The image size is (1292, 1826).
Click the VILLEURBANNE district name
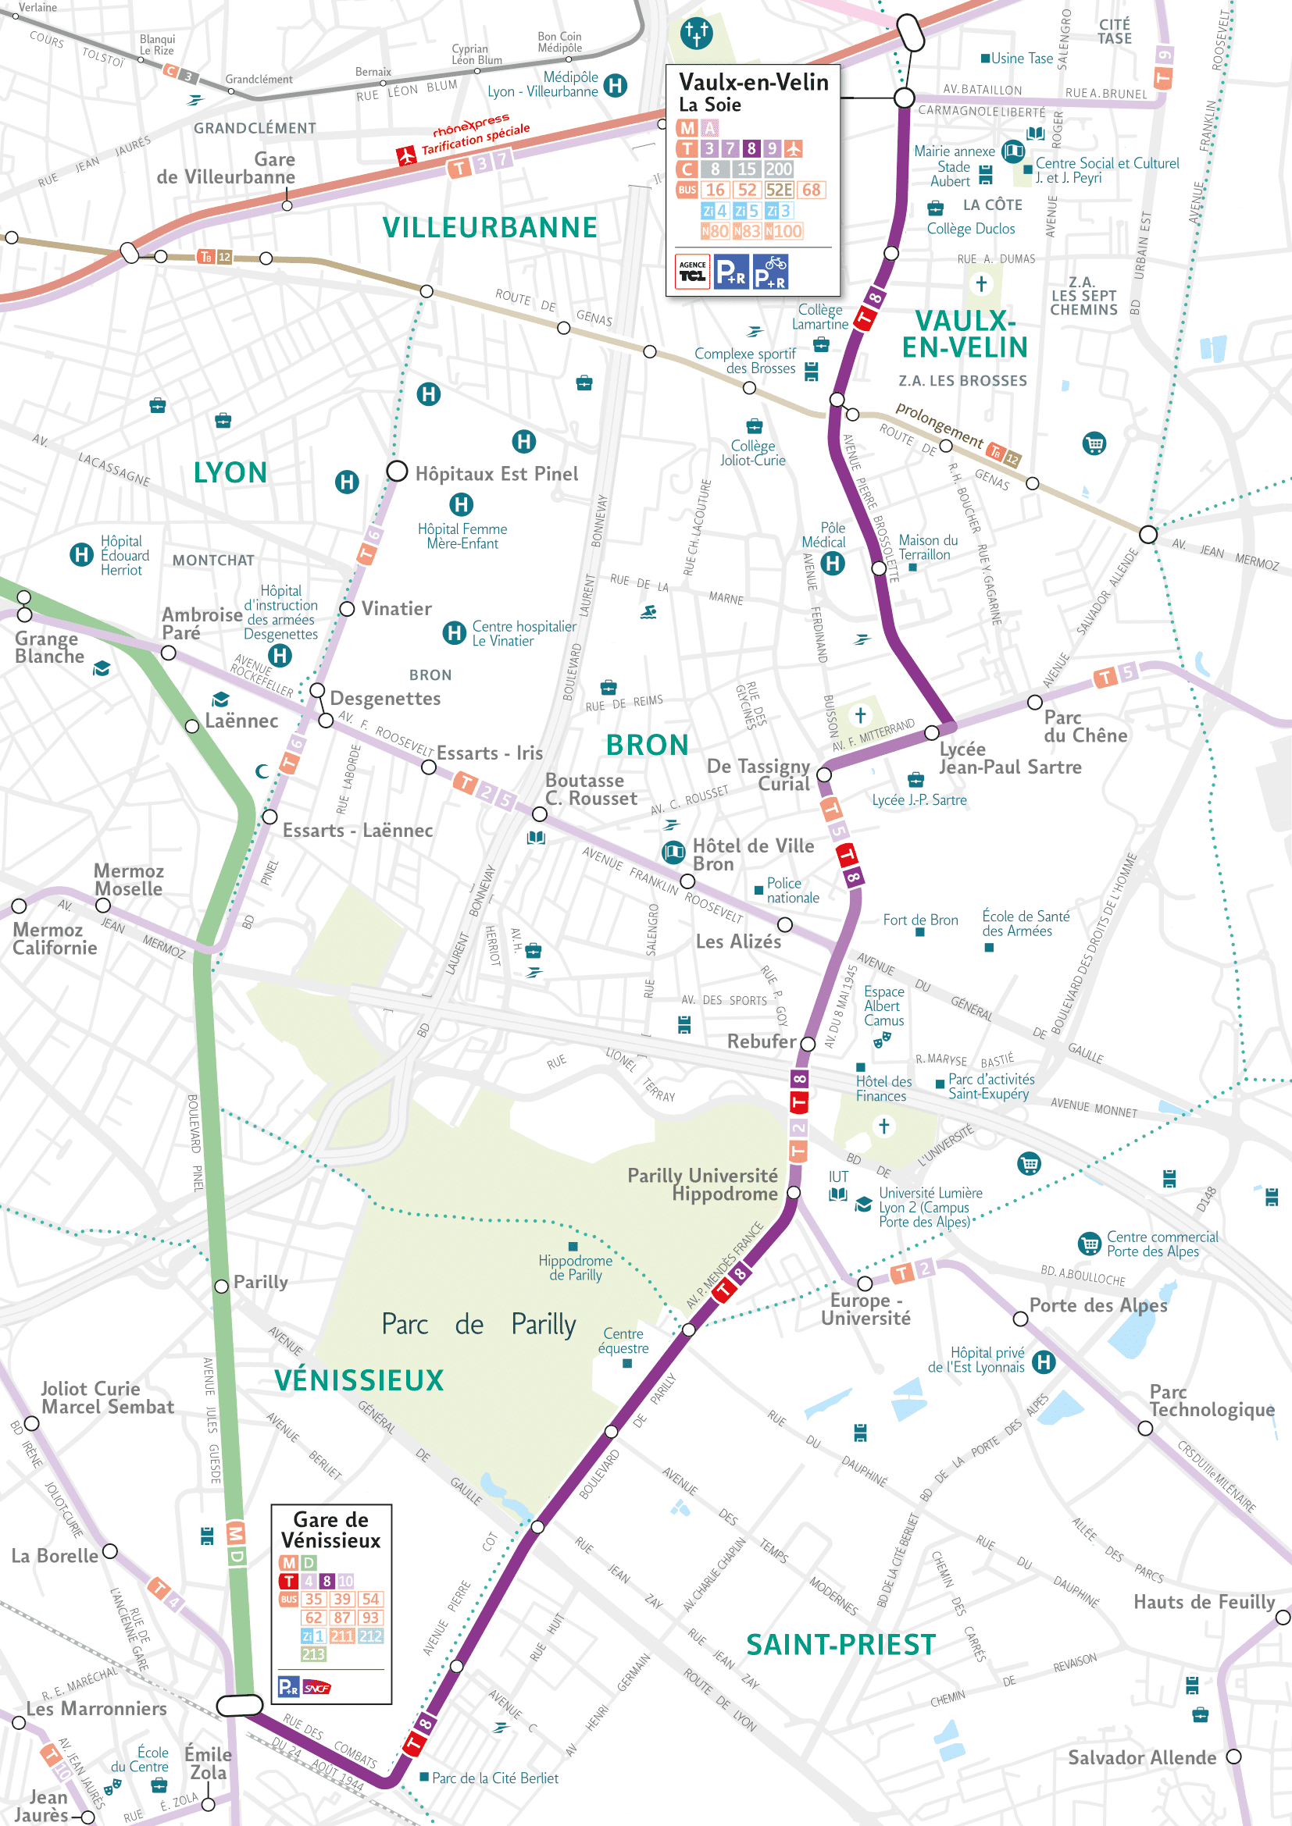click(x=489, y=227)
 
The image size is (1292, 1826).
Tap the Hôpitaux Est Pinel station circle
click(x=397, y=471)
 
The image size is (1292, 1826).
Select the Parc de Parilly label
click(x=478, y=1324)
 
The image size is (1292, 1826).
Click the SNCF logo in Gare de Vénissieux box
click(x=316, y=1688)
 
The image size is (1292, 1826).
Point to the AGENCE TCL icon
click(x=692, y=272)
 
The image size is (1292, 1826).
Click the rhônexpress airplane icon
click(x=406, y=155)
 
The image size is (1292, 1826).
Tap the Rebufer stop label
click(x=761, y=1041)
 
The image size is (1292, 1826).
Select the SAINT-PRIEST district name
click(x=841, y=1644)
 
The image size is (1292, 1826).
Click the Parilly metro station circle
click(x=222, y=1286)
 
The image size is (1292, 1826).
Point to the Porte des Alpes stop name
click(x=1097, y=1305)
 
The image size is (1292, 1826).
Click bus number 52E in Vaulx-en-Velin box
click(x=779, y=190)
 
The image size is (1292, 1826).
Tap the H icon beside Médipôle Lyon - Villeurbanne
click(x=615, y=85)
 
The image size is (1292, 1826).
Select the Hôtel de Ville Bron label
click(x=752, y=855)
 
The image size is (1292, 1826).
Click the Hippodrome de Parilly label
click(x=575, y=1268)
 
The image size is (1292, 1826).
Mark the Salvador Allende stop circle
click(x=1233, y=1756)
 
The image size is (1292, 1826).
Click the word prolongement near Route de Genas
click(x=939, y=425)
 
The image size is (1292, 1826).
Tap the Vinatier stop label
click(x=396, y=608)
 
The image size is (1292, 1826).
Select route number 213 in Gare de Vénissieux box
click(x=313, y=1653)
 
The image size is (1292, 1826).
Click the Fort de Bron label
click(x=919, y=920)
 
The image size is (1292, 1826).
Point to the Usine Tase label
click(x=1022, y=58)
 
